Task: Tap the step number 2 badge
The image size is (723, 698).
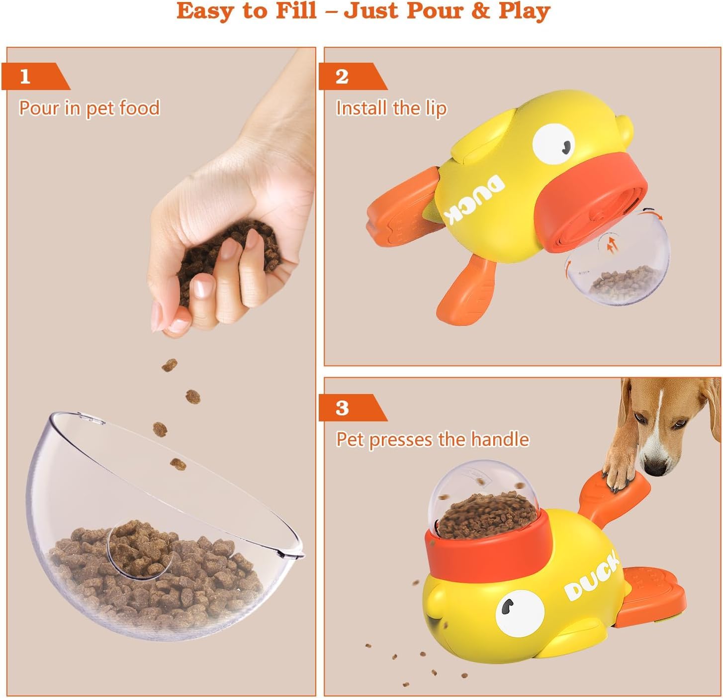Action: pyautogui.click(x=342, y=77)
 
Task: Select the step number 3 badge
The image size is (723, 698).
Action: pyautogui.click(x=342, y=408)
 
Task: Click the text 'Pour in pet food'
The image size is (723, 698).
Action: pyautogui.click(x=90, y=108)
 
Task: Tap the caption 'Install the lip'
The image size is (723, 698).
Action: pyautogui.click(x=391, y=108)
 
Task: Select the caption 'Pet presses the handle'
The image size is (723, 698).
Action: pyautogui.click(x=433, y=439)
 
